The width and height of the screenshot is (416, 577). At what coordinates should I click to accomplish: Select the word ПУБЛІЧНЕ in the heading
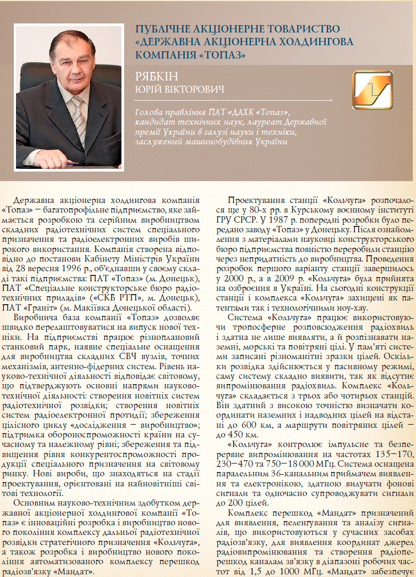(159, 30)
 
